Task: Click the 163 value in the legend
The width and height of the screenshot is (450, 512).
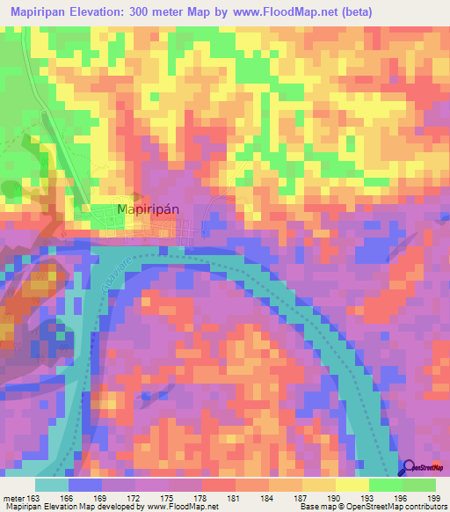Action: (33, 497)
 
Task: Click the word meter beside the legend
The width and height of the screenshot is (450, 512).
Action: (13, 497)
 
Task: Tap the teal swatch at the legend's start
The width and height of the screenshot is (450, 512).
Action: (52, 485)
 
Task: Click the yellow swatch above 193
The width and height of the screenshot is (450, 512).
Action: (352, 485)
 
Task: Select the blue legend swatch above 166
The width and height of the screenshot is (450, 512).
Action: (85, 485)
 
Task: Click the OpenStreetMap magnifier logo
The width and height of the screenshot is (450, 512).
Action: (411, 469)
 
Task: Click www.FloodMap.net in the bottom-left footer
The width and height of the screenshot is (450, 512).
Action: (185, 507)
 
